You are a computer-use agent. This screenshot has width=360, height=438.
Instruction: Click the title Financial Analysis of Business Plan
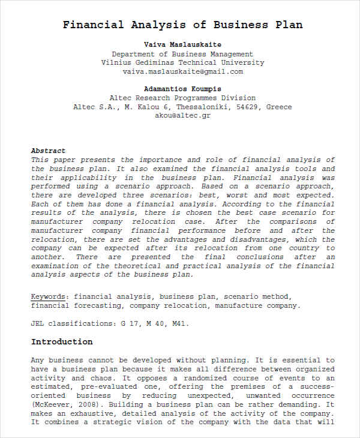point(183,25)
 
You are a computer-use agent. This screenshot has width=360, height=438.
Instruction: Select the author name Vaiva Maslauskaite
point(182,45)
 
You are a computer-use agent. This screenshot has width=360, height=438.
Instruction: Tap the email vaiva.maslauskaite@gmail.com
point(182,71)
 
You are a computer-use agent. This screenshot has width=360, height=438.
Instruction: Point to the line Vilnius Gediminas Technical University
point(182,62)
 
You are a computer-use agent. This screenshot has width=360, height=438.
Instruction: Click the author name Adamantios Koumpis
point(182,89)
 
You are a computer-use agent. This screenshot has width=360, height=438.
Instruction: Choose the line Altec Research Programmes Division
point(182,98)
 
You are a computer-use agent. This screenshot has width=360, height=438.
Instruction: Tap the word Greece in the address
point(279,107)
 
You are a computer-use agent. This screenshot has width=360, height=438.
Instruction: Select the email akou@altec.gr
point(182,116)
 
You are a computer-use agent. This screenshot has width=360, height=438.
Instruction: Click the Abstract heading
point(48,151)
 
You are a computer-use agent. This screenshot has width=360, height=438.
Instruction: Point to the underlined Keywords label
point(50,296)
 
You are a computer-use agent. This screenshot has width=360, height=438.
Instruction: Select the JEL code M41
point(178,323)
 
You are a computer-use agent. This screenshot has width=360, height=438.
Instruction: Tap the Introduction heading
point(62,342)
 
